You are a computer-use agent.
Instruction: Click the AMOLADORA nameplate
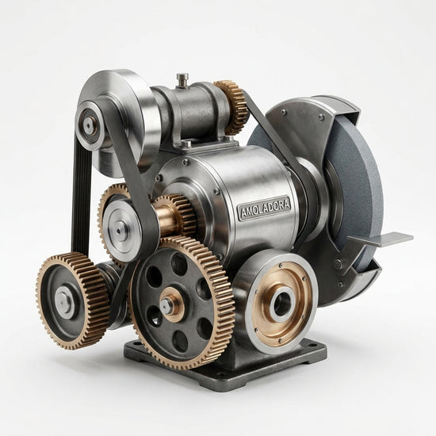pyautogui.click(x=264, y=208)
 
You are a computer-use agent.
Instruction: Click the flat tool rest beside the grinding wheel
pyautogui.click(x=381, y=239)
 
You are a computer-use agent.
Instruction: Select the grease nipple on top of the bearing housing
pyautogui.click(x=182, y=80)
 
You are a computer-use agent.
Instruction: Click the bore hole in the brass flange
pyautogui.click(x=282, y=304)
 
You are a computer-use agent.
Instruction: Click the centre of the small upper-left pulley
pyautogui.click(x=90, y=126)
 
